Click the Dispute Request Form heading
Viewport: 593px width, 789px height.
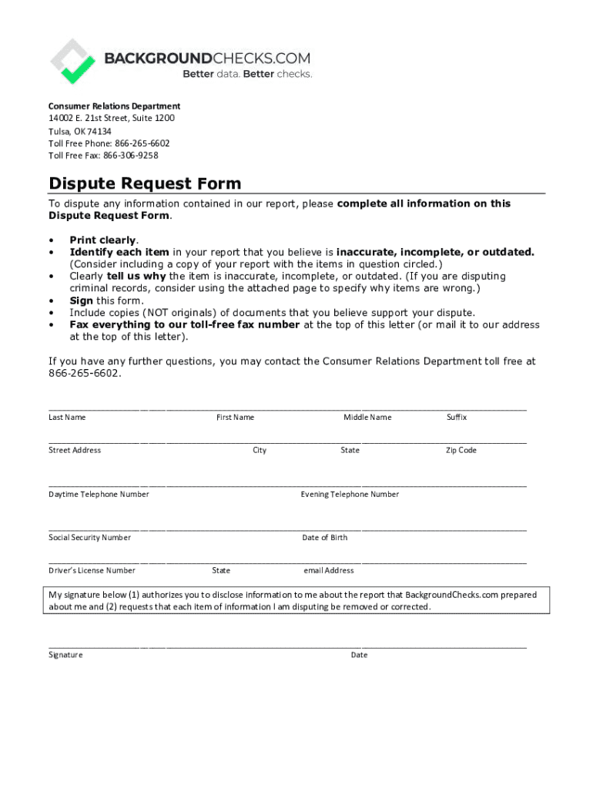tap(145, 183)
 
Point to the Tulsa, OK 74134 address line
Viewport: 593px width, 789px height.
tap(80, 131)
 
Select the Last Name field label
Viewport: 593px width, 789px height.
tap(67, 418)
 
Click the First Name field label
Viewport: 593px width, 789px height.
tap(235, 418)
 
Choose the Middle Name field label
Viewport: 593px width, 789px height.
tap(367, 418)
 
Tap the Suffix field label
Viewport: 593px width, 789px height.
tap(457, 418)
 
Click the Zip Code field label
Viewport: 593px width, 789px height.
tap(461, 451)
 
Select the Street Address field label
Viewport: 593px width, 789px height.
tap(75, 451)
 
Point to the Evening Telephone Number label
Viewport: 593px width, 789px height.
tap(350, 495)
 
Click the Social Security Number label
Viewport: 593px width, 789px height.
tap(89, 538)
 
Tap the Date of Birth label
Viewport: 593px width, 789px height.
tap(324, 538)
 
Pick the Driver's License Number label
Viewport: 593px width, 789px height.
tap(92, 571)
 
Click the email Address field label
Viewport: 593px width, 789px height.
tap(329, 571)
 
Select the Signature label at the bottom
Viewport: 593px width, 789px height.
tap(65, 655)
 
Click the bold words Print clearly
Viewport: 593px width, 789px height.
tap(102, 240)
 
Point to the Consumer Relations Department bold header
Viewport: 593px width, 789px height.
tap(114, 106)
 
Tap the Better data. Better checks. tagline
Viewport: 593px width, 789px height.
tap(247, 74)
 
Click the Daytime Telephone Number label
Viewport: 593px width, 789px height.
tap(99, 495)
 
